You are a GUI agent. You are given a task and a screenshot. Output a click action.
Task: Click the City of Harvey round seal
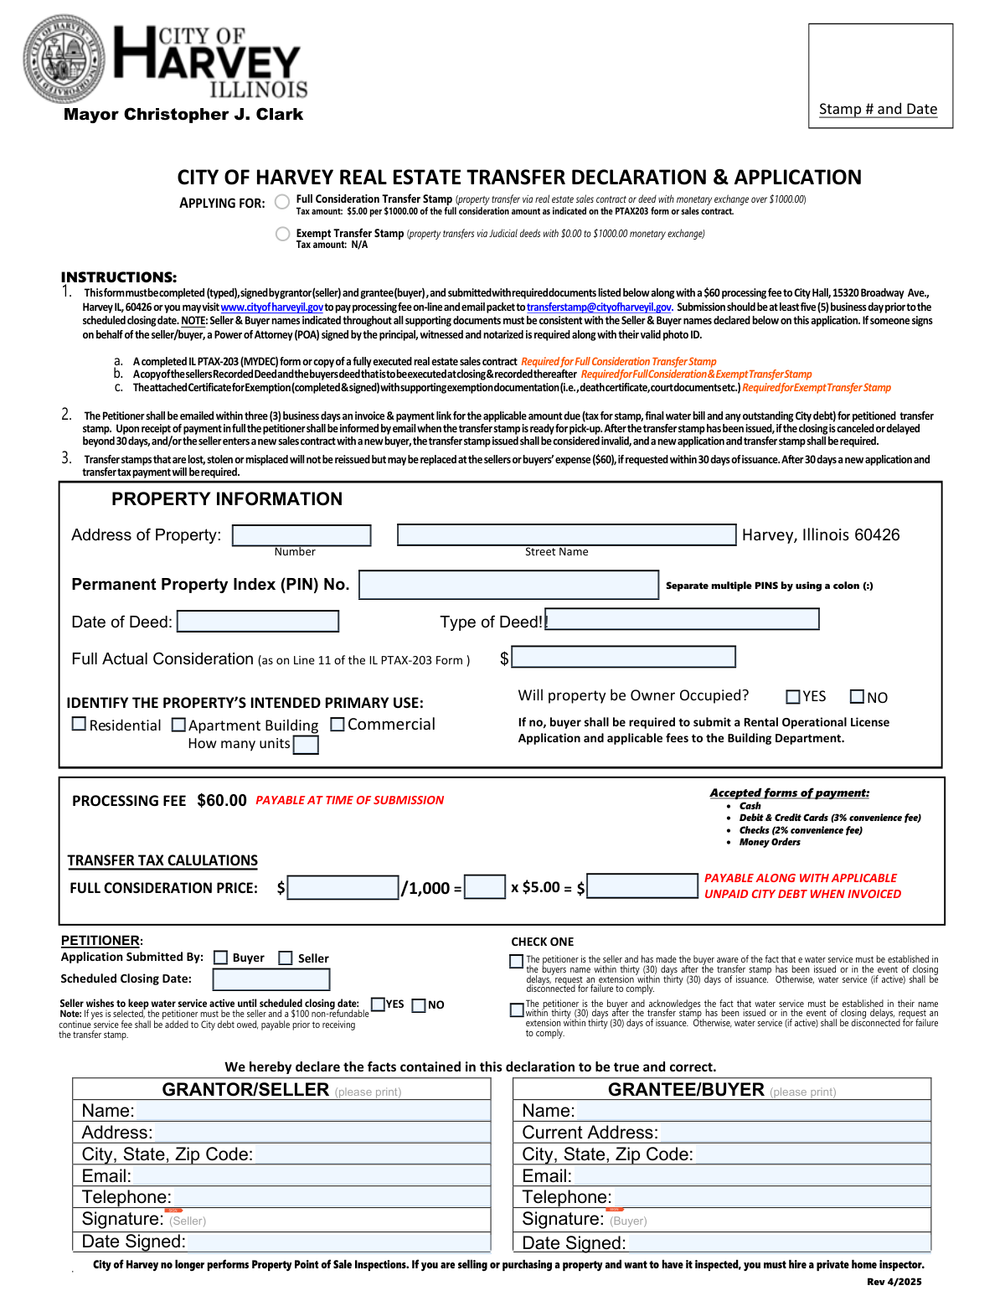point(64,59)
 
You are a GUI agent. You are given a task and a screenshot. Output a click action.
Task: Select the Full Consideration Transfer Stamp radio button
point(283,202)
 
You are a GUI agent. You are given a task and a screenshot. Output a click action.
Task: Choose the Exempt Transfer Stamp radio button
point(283,234)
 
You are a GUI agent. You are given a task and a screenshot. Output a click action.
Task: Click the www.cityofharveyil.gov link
point(271,307)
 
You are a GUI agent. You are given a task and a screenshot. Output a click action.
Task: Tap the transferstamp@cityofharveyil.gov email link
point(599,307)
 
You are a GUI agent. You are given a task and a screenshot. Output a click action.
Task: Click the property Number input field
point(301,535)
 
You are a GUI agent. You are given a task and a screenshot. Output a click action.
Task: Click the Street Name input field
point(566,535)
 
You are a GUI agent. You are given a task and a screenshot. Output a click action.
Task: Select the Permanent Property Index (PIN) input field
point(508,585)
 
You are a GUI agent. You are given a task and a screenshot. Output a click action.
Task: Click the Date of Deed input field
point(258,622)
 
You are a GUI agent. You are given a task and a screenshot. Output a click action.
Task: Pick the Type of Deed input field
point(683,620)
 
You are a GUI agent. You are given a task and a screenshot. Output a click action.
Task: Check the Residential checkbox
point(80,724)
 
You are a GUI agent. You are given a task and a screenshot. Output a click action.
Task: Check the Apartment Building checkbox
point(178,725)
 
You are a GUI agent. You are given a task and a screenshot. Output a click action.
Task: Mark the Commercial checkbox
point(338,724)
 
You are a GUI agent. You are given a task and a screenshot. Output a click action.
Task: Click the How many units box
point(306,745)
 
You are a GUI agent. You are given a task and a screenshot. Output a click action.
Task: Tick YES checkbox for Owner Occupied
point(793,697)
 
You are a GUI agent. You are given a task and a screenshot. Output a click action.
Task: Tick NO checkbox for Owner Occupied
point(857,697)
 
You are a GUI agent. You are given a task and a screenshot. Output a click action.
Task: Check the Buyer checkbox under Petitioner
point(221,958)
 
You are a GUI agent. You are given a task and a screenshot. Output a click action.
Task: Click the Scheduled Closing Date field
point(271,979)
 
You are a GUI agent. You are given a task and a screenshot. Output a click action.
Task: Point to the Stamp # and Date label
point(878,110)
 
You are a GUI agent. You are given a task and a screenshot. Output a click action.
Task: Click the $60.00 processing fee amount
point(222,801)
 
